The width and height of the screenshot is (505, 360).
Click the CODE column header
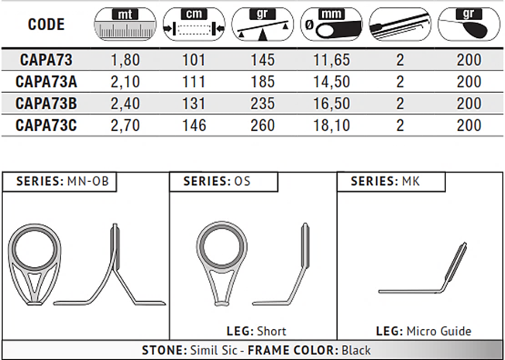46,25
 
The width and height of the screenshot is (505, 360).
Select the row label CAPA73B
46,104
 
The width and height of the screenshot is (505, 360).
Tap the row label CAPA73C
46,125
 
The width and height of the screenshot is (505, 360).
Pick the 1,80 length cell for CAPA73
125,60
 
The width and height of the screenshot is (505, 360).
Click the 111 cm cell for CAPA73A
194,81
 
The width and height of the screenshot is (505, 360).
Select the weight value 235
263,104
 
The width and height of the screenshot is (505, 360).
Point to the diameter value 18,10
332,125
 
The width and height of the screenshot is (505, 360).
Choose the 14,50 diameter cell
332,81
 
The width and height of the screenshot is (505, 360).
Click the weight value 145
263,60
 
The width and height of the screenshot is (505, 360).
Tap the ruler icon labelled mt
125,24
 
